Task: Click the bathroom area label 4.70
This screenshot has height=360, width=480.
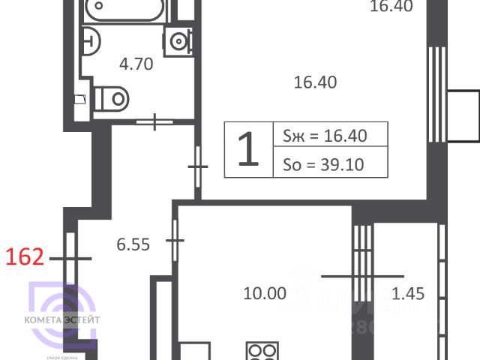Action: click(x=136, y=64)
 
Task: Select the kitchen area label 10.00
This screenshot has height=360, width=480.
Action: click(x=265, y=293)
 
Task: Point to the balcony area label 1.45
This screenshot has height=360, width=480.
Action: click(x=408, y=293)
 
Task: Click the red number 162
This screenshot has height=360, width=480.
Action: click(x=25, y=259)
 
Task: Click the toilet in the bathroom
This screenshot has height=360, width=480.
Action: click(x=111, y=97)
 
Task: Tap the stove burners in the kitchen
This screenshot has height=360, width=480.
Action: click(x=263, y=352)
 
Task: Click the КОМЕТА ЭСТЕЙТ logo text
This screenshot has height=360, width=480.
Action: click(x=66, y=320)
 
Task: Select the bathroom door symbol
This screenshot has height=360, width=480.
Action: click(x=156, y=121)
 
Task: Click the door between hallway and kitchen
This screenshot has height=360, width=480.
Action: click(x=175, y=240)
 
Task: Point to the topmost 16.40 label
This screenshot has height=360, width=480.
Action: click(x=391, y=7)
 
